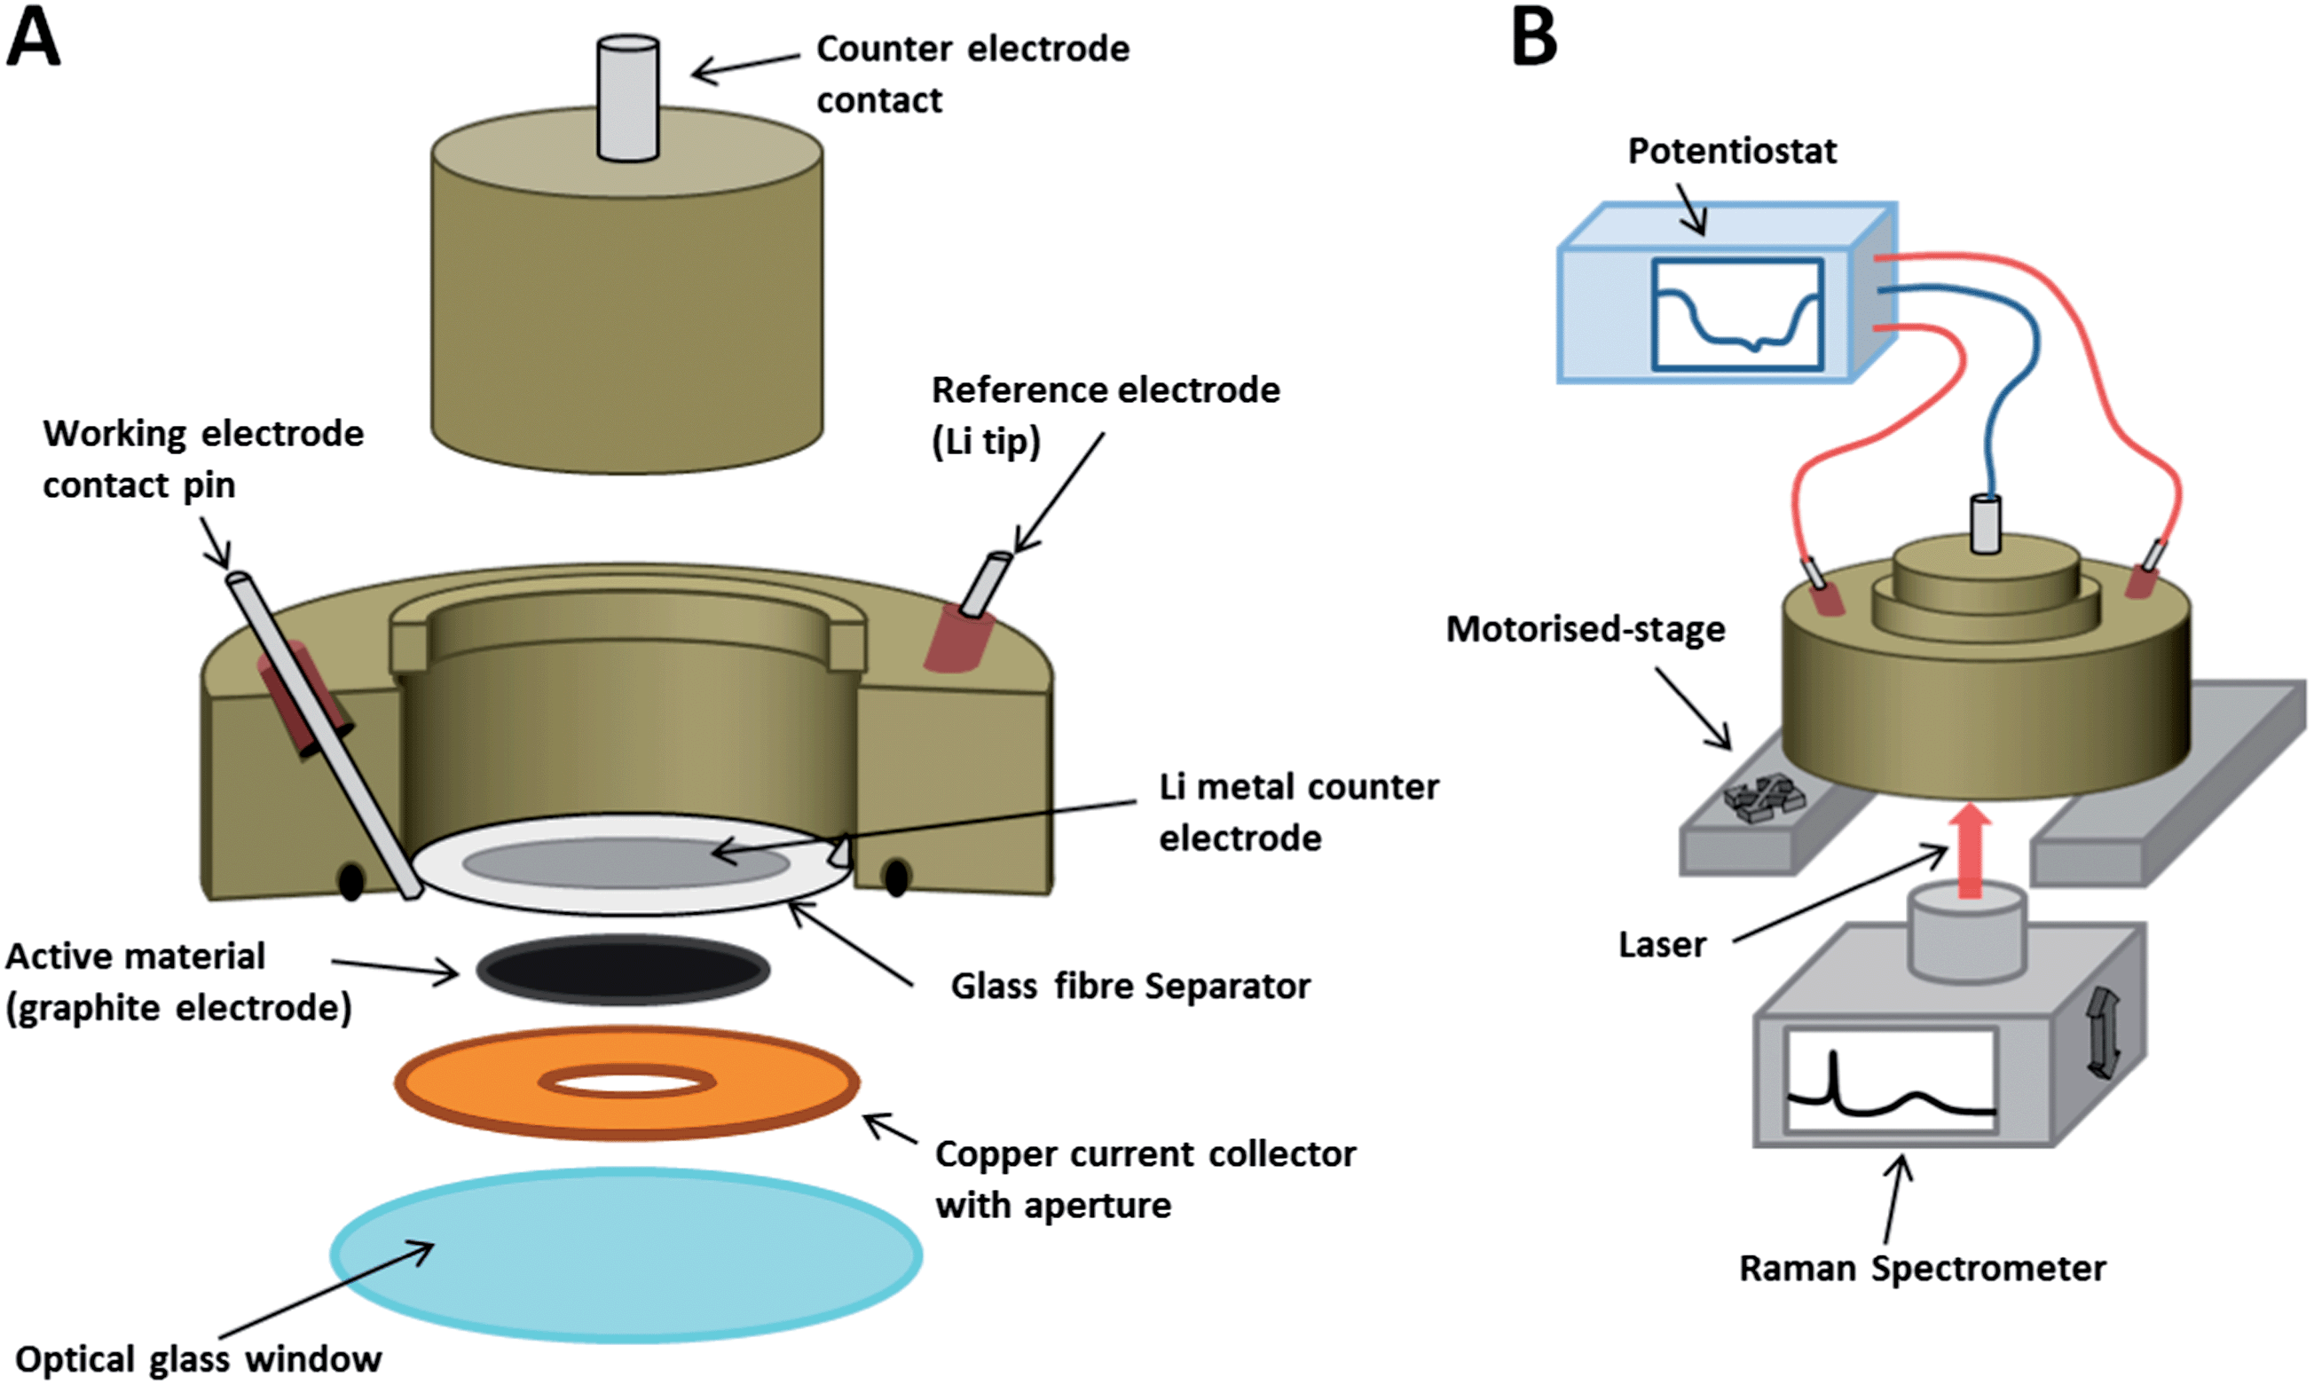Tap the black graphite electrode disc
(x=623, y=970)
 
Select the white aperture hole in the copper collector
(x=628, y=1082)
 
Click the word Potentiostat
(x=1732, y=151)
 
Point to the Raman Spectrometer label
(x=1923, y=1270)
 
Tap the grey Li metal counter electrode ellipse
(x=626, y=862)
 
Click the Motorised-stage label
(x=1586, y=630)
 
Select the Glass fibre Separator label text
(x=1131, y=987)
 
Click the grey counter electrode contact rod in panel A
(x=628, y=98)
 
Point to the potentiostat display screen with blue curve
(x=1737, y=314)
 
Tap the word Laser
(x=1662, y=946)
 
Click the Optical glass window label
(x=199, y=1360)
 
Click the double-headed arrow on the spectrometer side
(x=2101, y=1034)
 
